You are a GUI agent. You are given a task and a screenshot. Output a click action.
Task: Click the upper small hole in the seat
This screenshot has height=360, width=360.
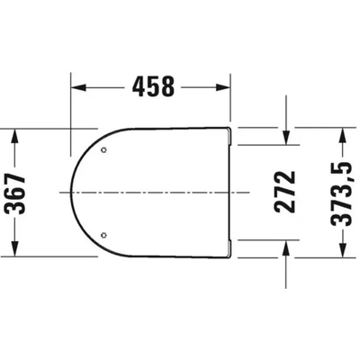[106, 149]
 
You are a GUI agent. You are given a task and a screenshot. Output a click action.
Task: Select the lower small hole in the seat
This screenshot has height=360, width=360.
[106, 236]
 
